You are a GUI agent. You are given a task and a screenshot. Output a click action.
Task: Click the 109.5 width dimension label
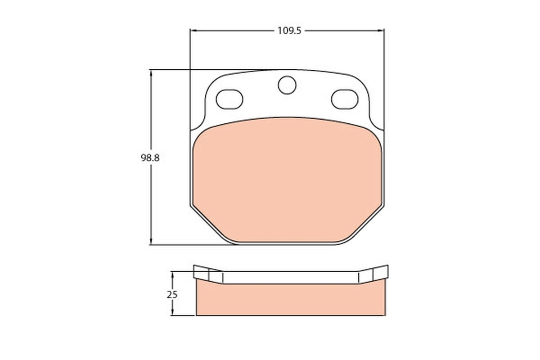pyautogui.click(x=289, y=31)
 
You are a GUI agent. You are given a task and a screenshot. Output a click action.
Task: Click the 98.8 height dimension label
pyautogui.click(x=150, y=158)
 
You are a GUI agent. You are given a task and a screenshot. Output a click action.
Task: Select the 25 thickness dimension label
pyautogui.click(x=172, y=295)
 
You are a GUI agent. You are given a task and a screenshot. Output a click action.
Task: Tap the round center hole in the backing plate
pyautogui.click(x=287, y=85)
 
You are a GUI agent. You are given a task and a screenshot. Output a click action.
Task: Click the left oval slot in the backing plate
pyautogui.click(x=229, y=99)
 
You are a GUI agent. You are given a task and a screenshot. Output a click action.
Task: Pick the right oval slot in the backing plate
pyautogui.click(x=345, y=99)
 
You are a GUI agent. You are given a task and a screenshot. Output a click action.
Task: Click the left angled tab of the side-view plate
pyautogui.click(x=207, y=274)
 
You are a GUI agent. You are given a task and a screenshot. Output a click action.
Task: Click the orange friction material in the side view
pyautogui.click(x=290, y=300)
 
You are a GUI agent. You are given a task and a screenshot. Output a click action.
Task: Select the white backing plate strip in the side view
pyautogui.click(x=290, y=277)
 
